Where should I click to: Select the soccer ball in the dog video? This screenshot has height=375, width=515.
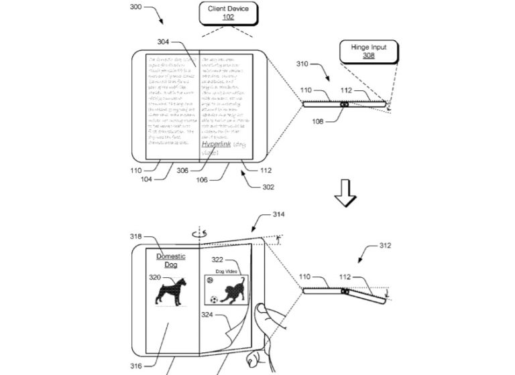pos(214,300)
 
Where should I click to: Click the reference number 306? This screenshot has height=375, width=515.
pos(183,171)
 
